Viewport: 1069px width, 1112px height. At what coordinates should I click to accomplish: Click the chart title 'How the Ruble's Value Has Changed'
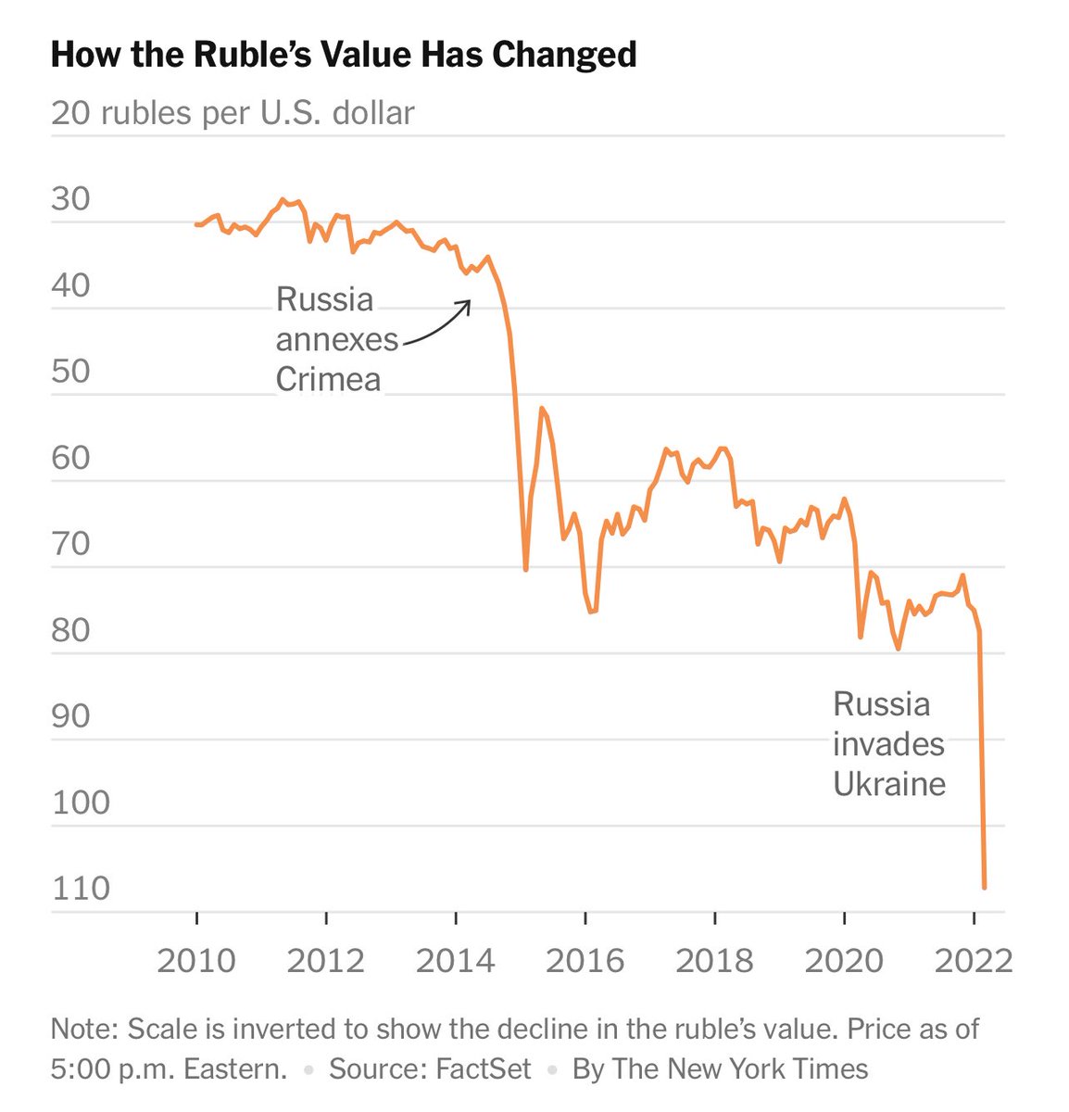click(344, 55)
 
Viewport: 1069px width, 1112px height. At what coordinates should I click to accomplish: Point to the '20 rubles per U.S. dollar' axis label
click(233, 113)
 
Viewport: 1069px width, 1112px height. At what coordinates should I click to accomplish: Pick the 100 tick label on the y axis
click(82, 802)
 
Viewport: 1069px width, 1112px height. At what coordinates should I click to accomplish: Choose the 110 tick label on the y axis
click(82, 889)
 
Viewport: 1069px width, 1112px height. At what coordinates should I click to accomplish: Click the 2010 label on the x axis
click(196, 961)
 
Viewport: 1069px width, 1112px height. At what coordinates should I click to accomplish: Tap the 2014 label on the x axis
click(455, 961)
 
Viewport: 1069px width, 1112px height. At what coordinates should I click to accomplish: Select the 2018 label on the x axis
click(714, 961)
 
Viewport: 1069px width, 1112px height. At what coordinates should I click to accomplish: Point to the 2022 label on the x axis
click(973, 961)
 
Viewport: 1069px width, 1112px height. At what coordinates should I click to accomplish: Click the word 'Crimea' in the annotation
click(328, 380)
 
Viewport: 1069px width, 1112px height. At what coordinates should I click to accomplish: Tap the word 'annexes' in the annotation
click(337, 340)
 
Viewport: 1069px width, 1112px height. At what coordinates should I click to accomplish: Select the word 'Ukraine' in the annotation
click(889, 784)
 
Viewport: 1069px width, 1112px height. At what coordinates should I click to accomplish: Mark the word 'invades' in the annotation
click(888, 744)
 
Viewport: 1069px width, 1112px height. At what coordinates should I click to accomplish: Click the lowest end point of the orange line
click(984, 887)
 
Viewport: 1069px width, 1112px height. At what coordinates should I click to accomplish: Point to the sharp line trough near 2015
click(525, 568)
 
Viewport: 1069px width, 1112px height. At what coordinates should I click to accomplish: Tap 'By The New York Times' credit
click(720, 1068)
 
